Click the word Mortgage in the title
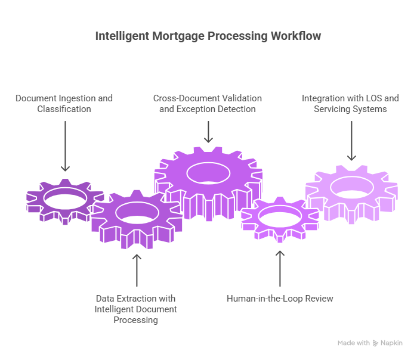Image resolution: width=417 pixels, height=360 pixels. [179, 36]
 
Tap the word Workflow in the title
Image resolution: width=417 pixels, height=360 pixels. [296, 36]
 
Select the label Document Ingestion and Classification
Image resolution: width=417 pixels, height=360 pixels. [64, 104]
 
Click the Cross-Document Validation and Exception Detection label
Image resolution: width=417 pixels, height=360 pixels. [208, 104]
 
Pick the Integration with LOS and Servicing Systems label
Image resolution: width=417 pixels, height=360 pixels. [351, 104]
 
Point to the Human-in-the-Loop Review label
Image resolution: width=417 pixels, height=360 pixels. [280, 298]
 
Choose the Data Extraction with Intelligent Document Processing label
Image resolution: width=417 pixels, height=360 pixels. [136, 309]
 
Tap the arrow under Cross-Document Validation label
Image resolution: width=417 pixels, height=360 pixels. [208, 132]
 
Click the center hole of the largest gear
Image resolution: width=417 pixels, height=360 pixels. [208, 173]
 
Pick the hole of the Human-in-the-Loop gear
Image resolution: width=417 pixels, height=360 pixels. [279, 219]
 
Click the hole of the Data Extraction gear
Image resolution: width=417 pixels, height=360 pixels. [137, 213]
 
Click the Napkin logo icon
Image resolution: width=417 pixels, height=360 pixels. [376, 343]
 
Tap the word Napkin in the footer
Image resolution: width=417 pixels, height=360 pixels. [392, 343]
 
